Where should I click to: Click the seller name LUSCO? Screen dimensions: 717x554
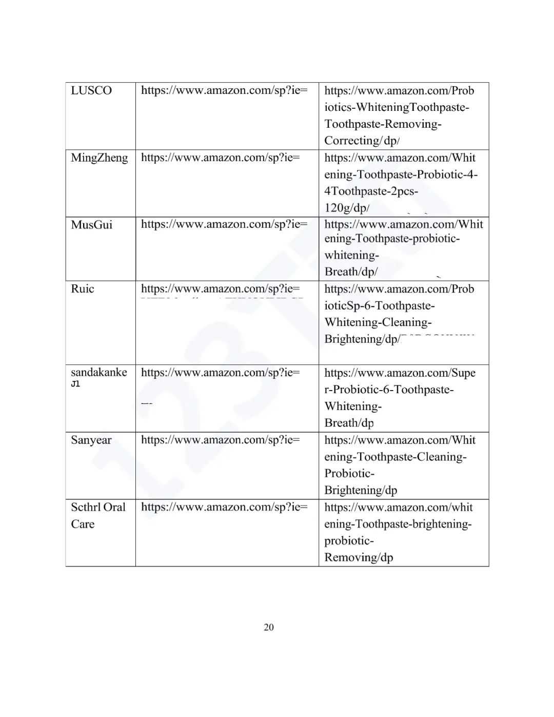click(x=91, y=91)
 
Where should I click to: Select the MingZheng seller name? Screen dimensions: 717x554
click(x=100, y=158)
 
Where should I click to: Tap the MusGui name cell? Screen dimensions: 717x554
click(x=92, y=225)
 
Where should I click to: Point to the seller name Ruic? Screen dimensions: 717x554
click(x=83, y=289)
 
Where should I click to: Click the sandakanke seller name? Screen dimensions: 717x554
click(x=99, y=373)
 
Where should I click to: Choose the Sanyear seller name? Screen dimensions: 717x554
click(x=91, y=440)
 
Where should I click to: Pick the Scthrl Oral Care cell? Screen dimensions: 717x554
click(x=98, y=515)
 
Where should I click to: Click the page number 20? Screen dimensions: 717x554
click(x=269, y=627)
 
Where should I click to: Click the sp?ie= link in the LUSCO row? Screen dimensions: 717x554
click(x=224, y=91)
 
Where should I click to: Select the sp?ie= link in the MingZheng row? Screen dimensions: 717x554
click(x=221, y=158)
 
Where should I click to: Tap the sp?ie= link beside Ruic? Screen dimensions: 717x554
click(x=221, y=289)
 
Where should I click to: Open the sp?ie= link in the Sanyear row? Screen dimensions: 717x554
click(x=221, y=440)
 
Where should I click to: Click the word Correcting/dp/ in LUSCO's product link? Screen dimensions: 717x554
click(x=362, y=141)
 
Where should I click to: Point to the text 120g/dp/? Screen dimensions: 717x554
click(x=347, y=208)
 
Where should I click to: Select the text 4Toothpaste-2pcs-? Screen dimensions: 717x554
click(x=371, y=191)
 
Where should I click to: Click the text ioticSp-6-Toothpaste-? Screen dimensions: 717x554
click(x=380, y=306)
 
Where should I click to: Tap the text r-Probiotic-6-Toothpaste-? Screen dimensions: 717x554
click(x=389, y=390)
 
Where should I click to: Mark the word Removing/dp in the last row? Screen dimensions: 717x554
click(x=359, y=557)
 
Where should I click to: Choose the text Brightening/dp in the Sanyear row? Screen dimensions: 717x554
click(x=361, y=490)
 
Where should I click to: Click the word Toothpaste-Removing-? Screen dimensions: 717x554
click(x=383, y=124)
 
